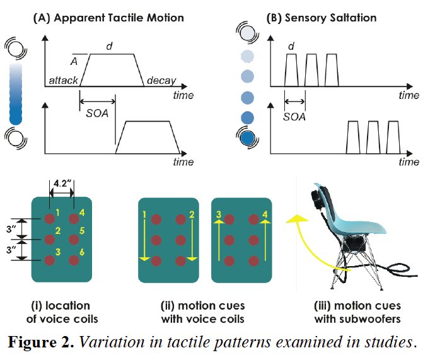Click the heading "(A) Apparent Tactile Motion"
[x=108, y=18]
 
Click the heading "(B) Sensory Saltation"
[x=322, y=18]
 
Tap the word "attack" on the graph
[x=63, y=81]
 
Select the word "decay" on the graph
[x=161, y=81]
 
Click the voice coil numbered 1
[x=50, y=219]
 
